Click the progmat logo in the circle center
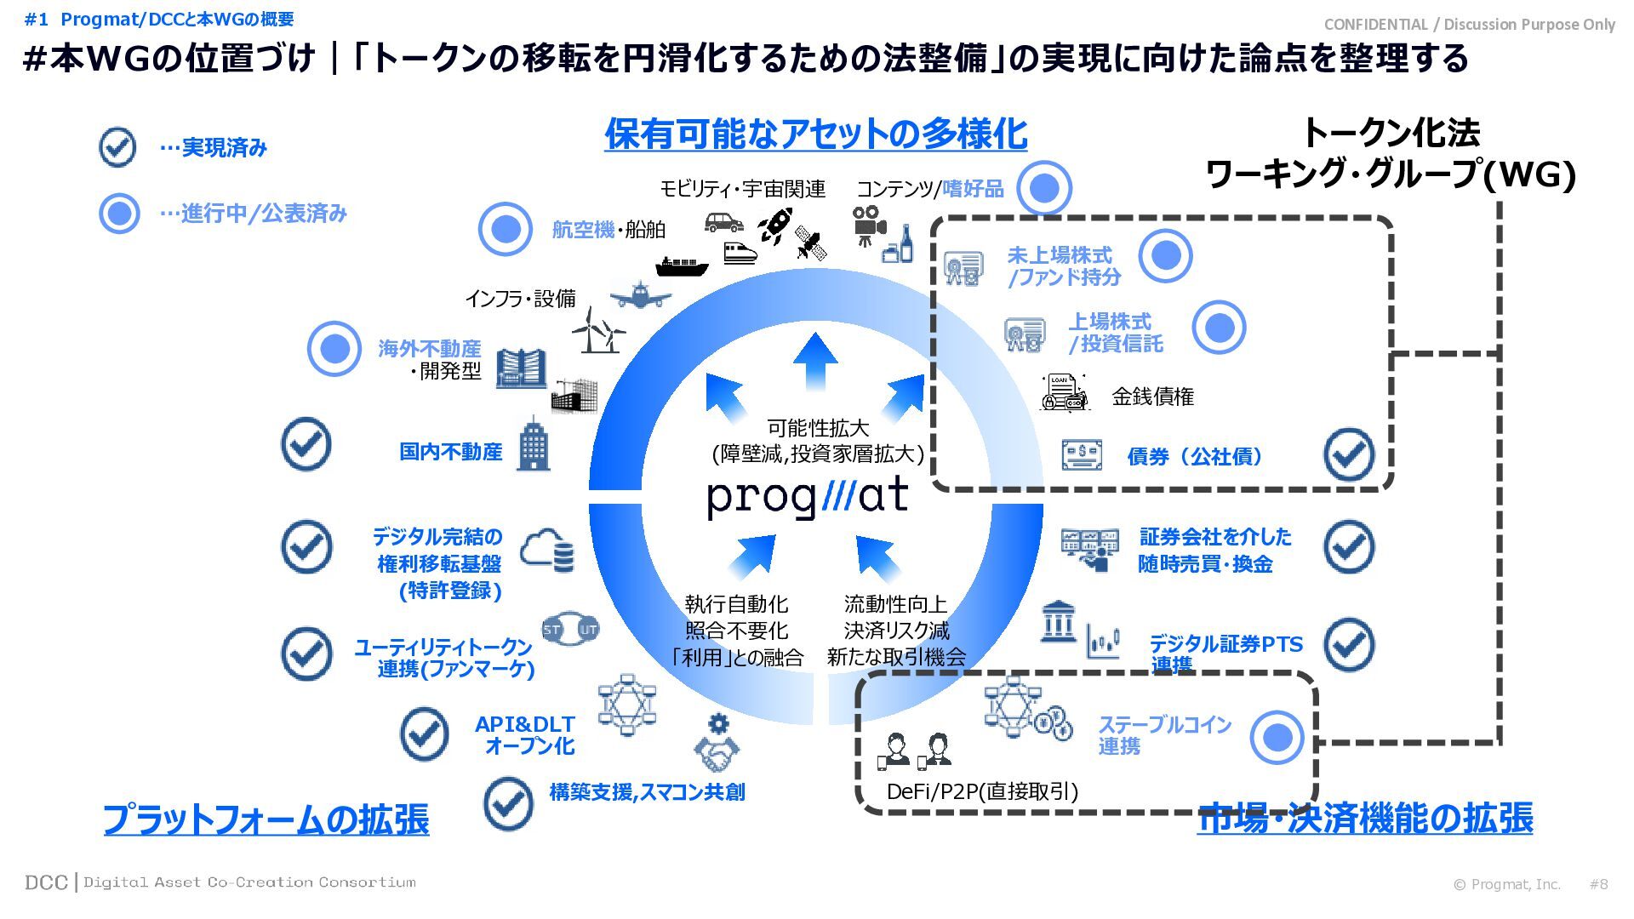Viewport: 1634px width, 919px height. [x=808, y=497]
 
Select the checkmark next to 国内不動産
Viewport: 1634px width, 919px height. [x=306, y=444]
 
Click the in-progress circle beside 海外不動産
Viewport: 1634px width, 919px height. [x=334, y=348]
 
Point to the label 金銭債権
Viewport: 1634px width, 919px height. [x=1152, y=397]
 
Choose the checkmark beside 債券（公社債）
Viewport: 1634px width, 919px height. [x=1349, y=455]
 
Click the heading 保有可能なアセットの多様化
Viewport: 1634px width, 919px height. [x=815, y=134]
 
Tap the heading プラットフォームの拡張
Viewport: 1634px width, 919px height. [x=266, y=819]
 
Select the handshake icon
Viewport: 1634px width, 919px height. [x=717, y=753]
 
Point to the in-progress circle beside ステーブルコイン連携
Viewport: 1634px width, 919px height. [x=1277, y=737]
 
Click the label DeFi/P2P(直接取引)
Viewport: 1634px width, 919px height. [x=982, y=791]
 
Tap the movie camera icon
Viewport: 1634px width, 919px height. [x=868, y=224]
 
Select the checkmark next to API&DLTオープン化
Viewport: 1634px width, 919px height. [x=424, y=733]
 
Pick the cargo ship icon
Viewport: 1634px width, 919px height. [x=682, y=266]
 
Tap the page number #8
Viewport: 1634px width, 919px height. [x=1598, y=884]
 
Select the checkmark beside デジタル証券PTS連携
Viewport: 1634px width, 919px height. [x=1349, y=644]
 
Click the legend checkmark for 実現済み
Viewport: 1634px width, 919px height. [x=117, y=147]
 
